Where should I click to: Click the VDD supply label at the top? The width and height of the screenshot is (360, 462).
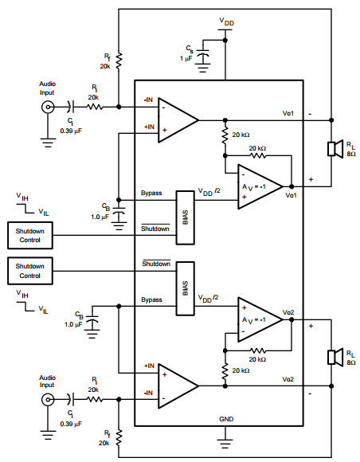point(226,22)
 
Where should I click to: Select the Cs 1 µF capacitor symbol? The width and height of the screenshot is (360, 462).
point(202,56)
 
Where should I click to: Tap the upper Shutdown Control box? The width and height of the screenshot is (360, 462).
point(30,236)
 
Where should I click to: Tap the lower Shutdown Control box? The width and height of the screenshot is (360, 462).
point(30,271)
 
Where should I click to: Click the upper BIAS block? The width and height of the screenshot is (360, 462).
point(186,217)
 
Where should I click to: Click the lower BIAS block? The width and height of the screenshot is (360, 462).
point(186,288)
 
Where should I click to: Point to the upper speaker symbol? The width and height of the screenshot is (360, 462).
point(335,149)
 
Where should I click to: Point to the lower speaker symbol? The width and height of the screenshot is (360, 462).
point(335,357)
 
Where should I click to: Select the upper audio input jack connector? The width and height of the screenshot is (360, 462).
point(48,107)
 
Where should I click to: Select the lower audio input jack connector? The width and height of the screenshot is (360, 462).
point(48,400)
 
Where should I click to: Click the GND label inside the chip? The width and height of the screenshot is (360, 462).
point(226,419)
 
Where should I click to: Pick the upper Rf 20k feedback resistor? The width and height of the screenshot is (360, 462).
point(119,61)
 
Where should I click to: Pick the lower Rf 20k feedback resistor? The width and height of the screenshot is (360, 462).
point(119,438)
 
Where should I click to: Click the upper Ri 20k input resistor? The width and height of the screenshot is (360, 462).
point(95,107)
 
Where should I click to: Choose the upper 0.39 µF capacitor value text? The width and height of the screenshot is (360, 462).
point(71,131)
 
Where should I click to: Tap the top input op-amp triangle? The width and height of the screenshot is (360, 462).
point(178,120)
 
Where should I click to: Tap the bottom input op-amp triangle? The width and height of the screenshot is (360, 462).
point(178,386)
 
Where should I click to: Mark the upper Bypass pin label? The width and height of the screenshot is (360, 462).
point(151,193)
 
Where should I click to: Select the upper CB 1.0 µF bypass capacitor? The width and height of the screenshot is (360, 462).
point(119,212)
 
